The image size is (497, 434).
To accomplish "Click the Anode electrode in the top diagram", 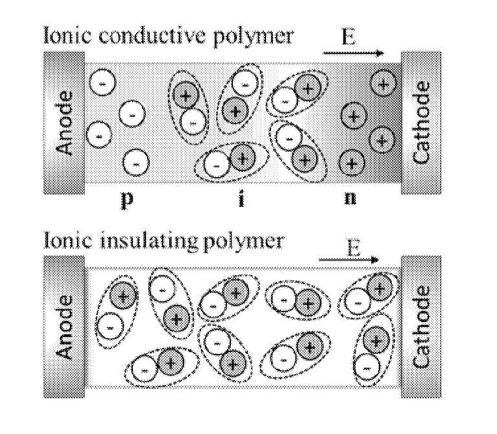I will pos(64,122).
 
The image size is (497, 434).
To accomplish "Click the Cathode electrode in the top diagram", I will pos(421,122).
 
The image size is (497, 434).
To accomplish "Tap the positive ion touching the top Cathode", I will pos(382,84).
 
